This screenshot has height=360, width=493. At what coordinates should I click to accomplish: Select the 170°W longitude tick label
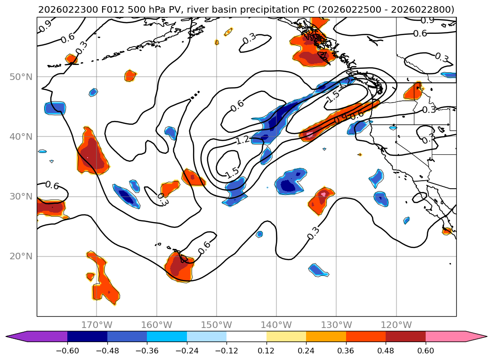pyautogui.click(x=97, y=325)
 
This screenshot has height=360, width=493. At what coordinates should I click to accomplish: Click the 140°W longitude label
pyautogui.click(x=276, y=325)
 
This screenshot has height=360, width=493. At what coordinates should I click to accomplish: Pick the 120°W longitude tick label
pyautogui.click(x=396, y=325)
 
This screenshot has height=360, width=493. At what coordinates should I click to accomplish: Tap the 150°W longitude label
pyautogui.click(x=217, y=325)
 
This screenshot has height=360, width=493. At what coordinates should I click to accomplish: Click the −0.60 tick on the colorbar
pyautogui.click(x=67, y=351)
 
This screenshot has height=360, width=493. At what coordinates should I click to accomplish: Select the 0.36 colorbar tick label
pyautogui.click(x=346, y=351)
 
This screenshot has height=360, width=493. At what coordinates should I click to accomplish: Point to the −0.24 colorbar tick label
pyautogui.click(x=187, y=351)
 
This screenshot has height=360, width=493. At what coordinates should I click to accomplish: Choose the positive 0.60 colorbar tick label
pyautogui.click(x=426, y=351)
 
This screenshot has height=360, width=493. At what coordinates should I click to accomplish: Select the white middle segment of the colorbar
pyautogui.click(x=246, y=336)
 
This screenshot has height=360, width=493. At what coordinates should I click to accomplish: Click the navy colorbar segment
pyautogui.click(x=87, y=336)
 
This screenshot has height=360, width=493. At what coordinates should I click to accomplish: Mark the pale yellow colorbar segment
pyautogui.click(x=286, y=336)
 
